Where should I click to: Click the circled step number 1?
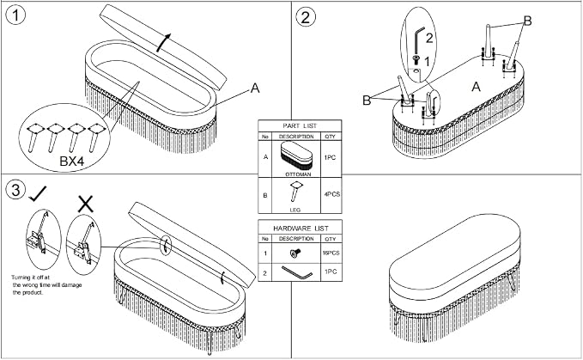click(16, 16)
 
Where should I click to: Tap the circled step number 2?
click(306, 17)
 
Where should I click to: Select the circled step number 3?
click(16, 190)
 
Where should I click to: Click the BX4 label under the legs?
click(72, 162)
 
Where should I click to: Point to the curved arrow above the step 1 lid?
click(163, 42)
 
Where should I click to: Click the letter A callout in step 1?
click(255, 88)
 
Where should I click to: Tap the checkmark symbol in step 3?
click(38, 193)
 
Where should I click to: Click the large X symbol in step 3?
click(86, 204)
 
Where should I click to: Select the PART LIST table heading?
click(300, 126)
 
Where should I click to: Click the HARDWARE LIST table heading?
click(301, 228)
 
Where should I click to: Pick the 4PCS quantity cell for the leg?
click(331, 194)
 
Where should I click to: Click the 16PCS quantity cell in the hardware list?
click(331, 253)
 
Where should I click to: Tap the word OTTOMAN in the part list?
click(298, 174)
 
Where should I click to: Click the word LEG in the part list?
click(295, 211)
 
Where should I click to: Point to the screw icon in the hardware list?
click(295, 253)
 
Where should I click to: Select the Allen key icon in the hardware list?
click(297, 272)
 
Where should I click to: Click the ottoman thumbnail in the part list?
click(296, 156)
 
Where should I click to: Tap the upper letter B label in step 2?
click(527, 21)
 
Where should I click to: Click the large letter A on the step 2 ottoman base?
click(476, 87)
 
